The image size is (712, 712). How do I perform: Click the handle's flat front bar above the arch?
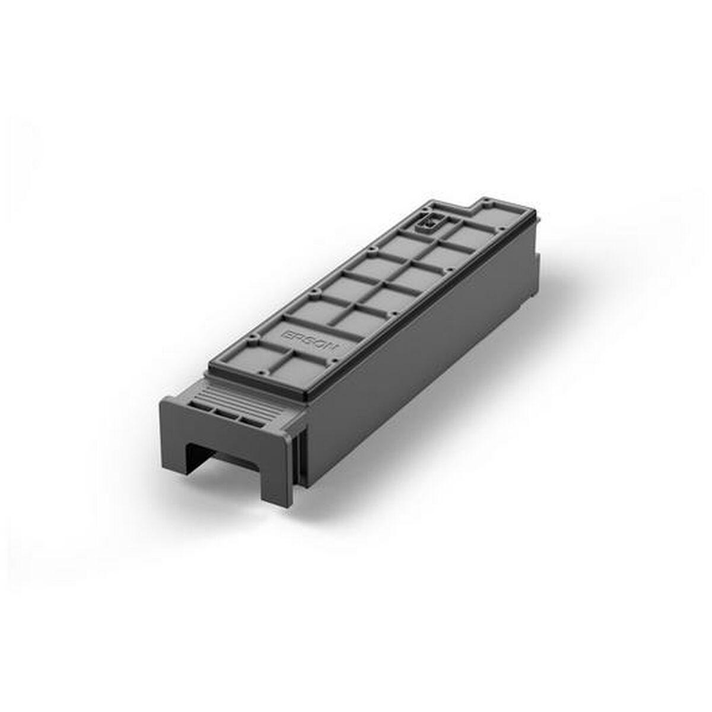(225, 433)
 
